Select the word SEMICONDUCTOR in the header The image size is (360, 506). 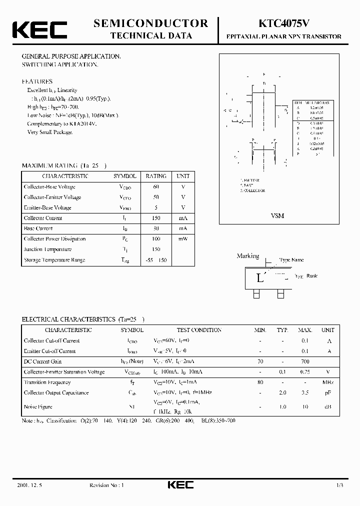point(150,23)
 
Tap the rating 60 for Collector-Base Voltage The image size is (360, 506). point(156,186)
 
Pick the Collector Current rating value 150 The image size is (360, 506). point(156,218)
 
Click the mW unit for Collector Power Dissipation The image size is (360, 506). point(182,239)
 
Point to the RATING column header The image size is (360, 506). point(156,176)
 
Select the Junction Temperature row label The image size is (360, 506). point(47,249)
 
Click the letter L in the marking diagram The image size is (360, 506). point(259,278)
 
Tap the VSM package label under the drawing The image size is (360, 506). point(277,215)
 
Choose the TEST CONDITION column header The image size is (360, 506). point(199,330)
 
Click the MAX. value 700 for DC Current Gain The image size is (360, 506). point(305,361)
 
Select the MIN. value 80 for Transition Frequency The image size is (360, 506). point(260,382)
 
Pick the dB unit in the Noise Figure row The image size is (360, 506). point(328,407)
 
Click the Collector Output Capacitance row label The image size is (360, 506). point(56,393)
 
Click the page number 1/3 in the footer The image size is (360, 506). point(339,485)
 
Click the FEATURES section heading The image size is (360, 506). point(37,81)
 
